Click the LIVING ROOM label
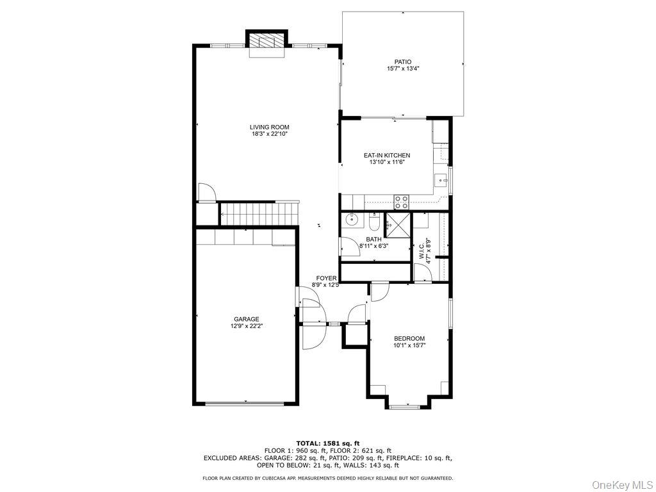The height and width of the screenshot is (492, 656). [x=269, y=127]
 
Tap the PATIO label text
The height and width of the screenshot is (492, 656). [x=402, y=61]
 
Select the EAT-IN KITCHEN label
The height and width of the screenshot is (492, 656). [x=386, y=155]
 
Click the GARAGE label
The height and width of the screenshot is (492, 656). [x=246, y=319]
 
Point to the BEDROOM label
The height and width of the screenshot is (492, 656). [x=409, y=338]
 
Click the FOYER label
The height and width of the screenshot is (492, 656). [x=326, y=278]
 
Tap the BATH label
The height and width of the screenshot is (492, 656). [x=373, y=240]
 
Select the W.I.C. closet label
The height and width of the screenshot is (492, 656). [x=421, y=247]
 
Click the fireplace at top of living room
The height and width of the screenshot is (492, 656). [x=266, y=42]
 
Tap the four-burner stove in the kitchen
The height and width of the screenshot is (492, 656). [x=401, y=202]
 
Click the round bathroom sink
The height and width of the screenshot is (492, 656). [x=351, y=220]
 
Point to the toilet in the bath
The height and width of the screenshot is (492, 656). [x=375, y=222]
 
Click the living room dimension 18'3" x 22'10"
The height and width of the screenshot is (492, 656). [x=269, y=135]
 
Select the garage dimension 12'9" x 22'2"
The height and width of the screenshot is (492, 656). [x=246, y=326]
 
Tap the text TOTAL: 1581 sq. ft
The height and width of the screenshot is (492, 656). [x=327, y=443]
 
